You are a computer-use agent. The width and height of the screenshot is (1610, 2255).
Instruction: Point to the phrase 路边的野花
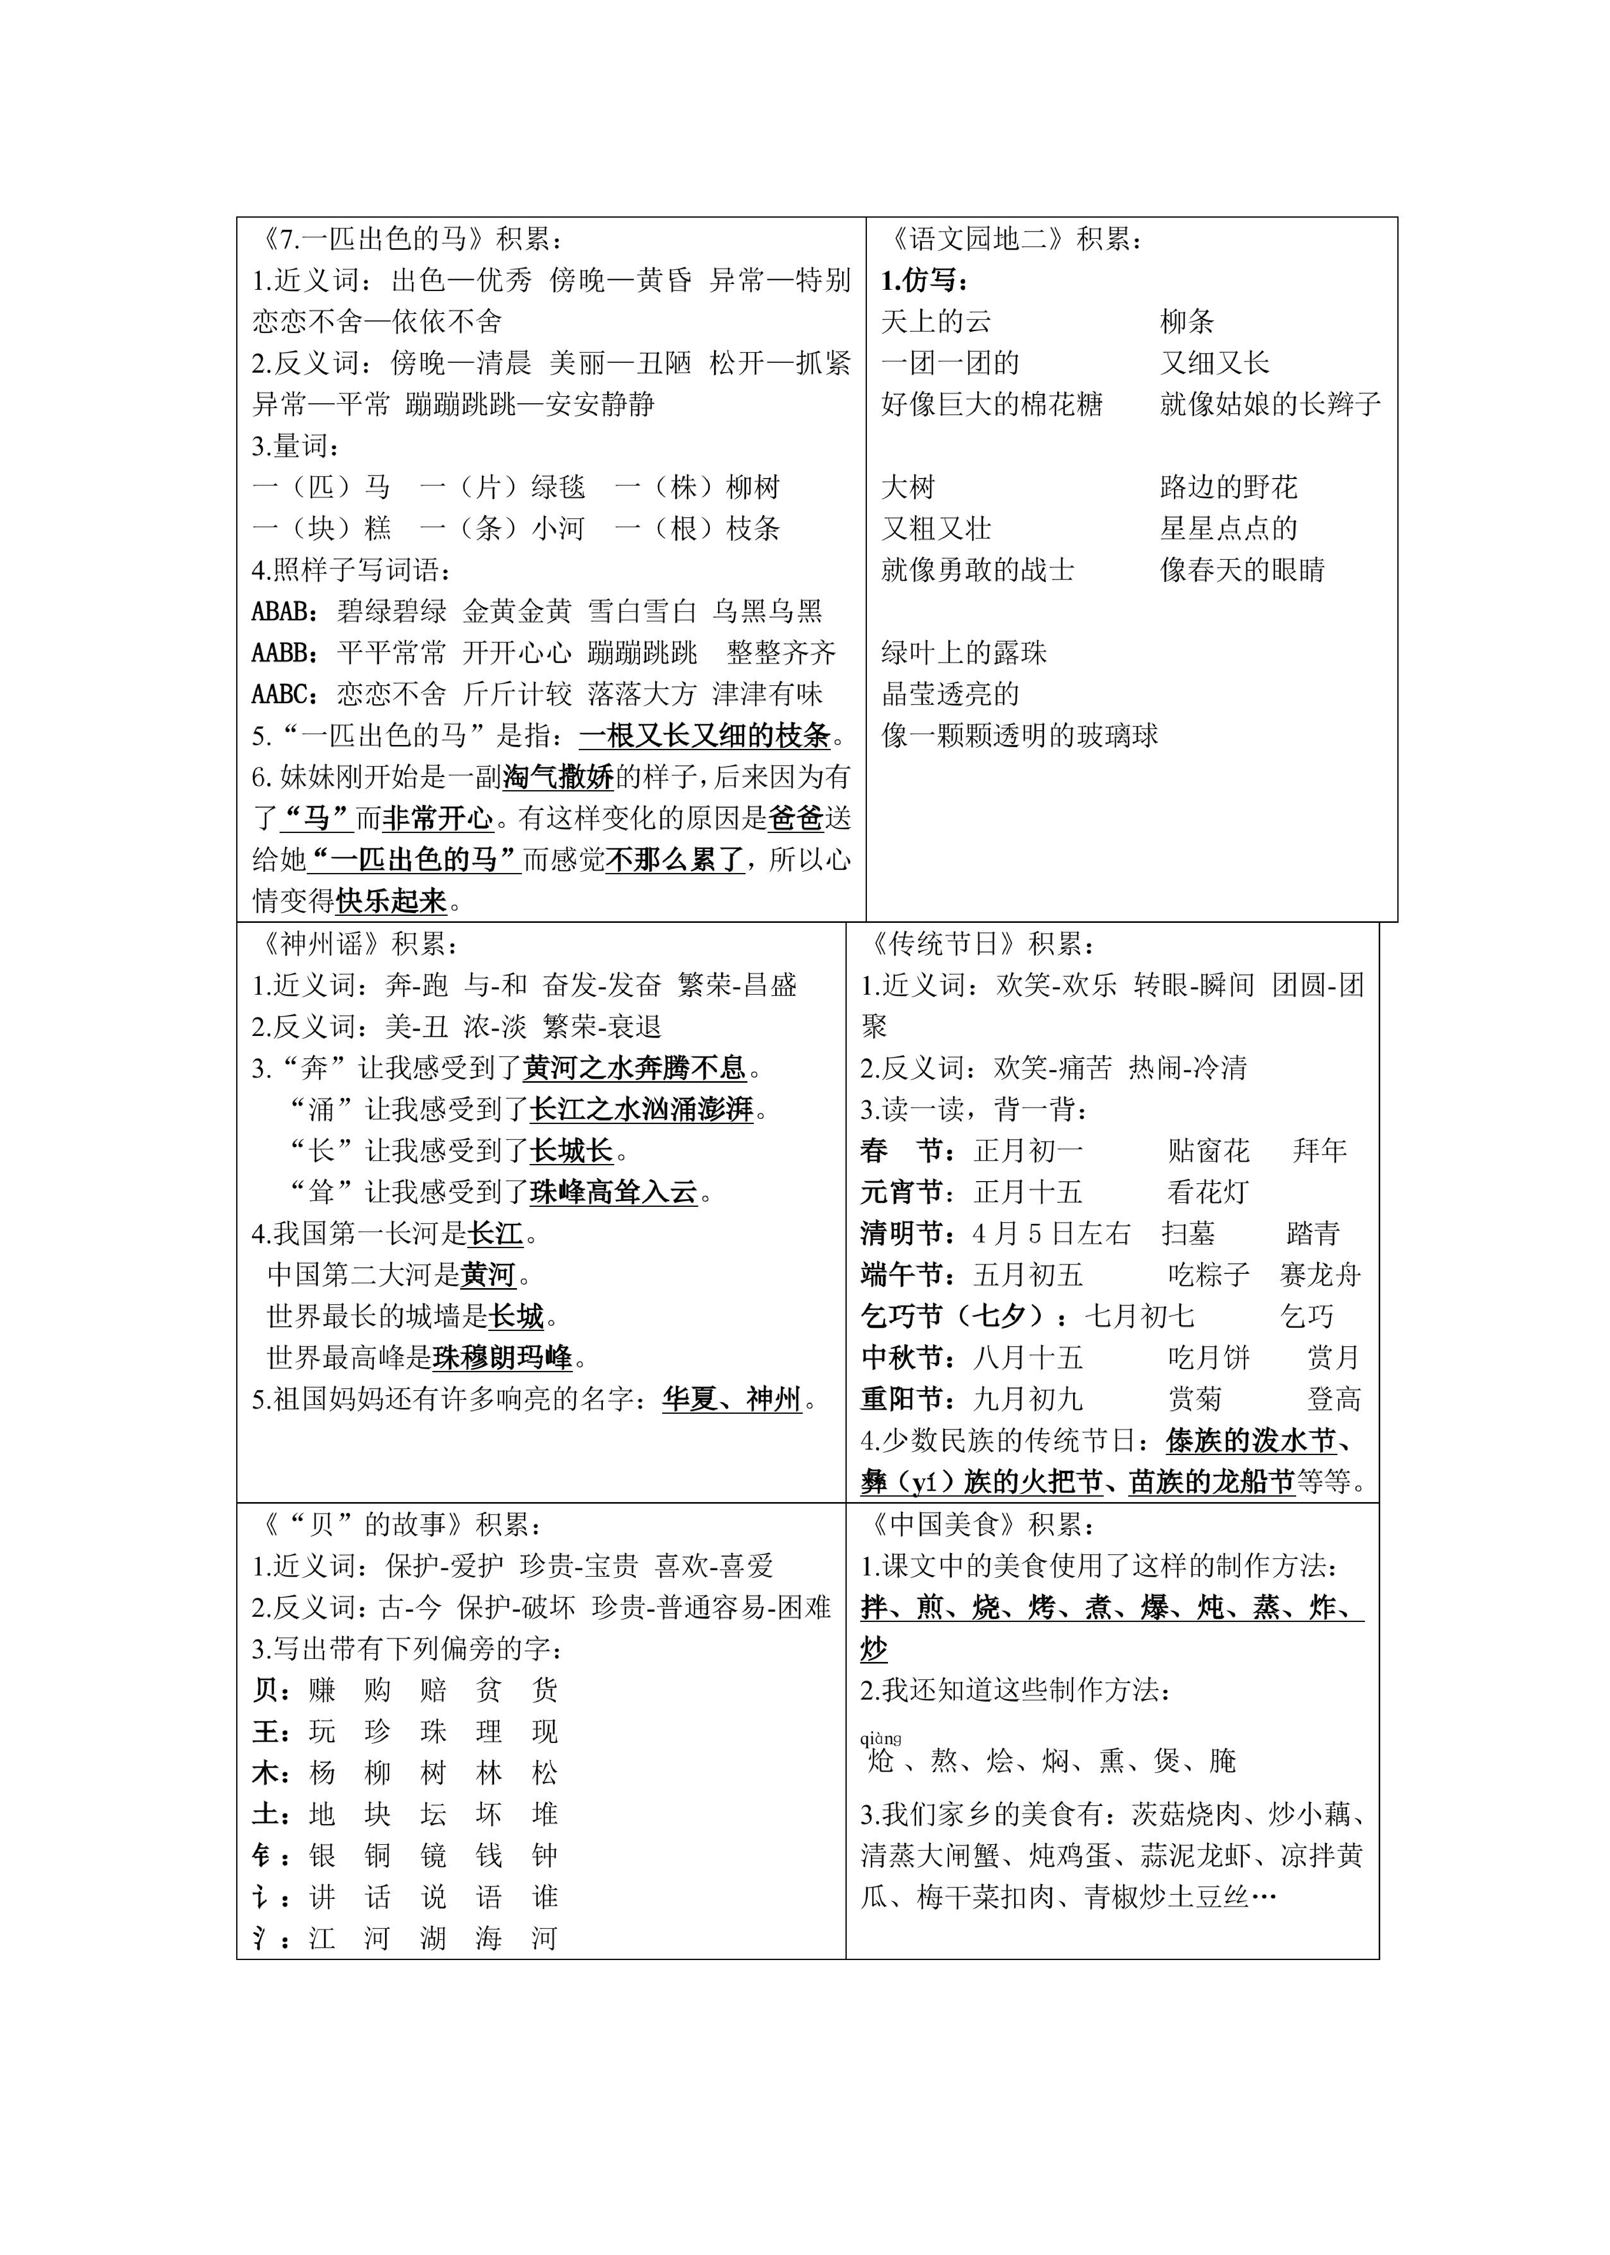[x=1228, y=487]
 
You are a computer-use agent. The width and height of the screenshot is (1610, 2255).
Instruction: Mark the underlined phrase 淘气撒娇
[x=558, y=777]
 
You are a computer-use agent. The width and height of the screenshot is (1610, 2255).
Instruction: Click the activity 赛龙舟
[x=1319, y=1275]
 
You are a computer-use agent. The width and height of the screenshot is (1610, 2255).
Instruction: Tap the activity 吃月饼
[x=1208, y=1358]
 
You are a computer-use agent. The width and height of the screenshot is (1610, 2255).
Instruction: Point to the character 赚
[x=322, y=1690]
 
